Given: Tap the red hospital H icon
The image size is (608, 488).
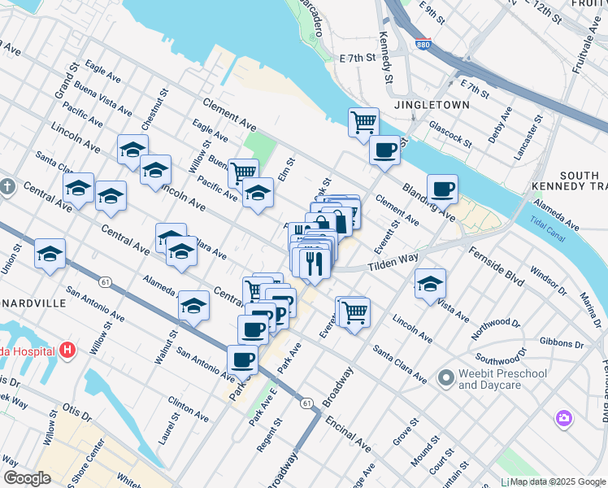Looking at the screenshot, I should click(67, 351).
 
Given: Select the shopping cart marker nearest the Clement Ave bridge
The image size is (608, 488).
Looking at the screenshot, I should click(363, 123).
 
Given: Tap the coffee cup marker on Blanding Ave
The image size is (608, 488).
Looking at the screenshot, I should click(442, 189).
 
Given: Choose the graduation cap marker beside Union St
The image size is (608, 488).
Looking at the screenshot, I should click(50, 254).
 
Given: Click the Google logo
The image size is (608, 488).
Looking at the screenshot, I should click(27, 478).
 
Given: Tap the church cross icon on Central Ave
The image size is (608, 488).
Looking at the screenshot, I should click(7, 187).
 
